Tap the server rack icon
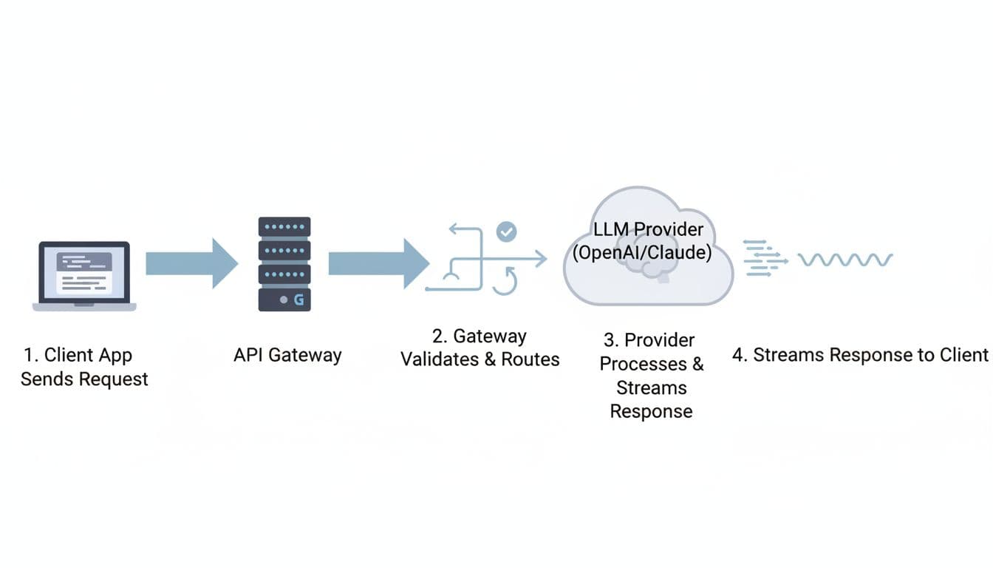[x=284, y=264]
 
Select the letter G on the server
[x=298, y=300]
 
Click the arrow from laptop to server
[x=191, y=263]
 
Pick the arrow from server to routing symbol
[x=378, y=263]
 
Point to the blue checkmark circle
[x=506, y=231]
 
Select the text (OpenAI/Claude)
[x=642, y=253]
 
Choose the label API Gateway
[x=287, y=355]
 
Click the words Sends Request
[x=84, y=379]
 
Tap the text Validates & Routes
[x=480, y=359]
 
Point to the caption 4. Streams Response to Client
[x=859, y=355]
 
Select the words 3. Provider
[x=649, y=340]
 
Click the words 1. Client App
[x=78, y=355]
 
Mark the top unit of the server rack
[x=284, y=227]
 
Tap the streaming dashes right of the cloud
[x=763, y=259]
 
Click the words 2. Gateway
[x=480, y=337]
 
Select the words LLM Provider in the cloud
[x=649, y=229]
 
